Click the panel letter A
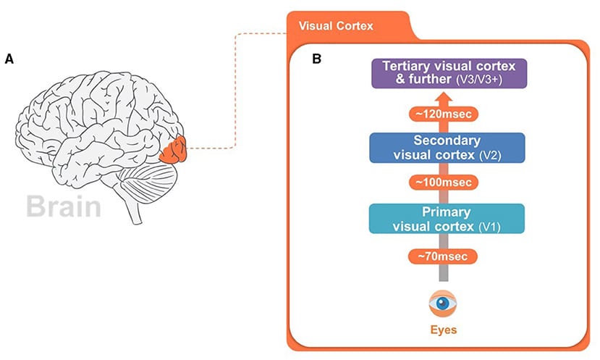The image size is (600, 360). click(x=9, y=60)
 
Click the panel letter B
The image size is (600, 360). click(x=316, y=59)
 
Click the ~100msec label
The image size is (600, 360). click(x=444, y=183)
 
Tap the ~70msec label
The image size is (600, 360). click(x=444, y=256)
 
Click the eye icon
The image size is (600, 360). click(x=442, y=303)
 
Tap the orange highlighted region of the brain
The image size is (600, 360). click(x=175, y=150)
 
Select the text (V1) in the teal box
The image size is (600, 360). click(x=491, y=227)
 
